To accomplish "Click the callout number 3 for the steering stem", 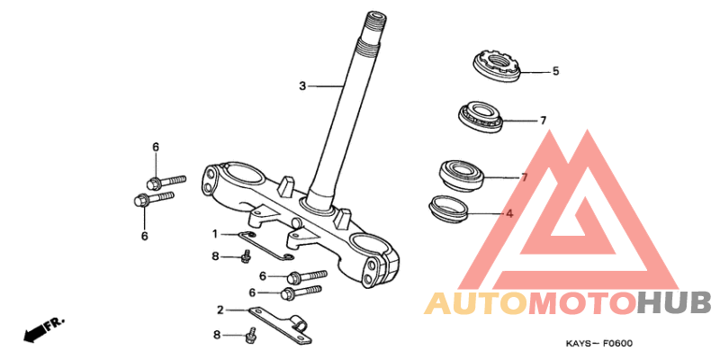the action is [x=302, y=85].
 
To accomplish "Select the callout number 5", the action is [x=555, y=71].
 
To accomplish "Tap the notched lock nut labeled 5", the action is [x=497, y=66].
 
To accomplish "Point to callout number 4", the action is [x=509, y=213].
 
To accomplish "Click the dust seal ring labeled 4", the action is [x=447, y=208].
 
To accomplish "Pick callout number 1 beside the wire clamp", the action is [x=215, y=234].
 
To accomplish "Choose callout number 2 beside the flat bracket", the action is [x=220, y=310].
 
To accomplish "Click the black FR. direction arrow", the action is [x=44, y=328].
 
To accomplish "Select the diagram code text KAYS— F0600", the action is [x=598, y=344].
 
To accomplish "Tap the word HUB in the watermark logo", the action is [x=673, y=303].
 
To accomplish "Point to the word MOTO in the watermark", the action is [x=582, y=303].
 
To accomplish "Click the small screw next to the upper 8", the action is [x=246, y=256].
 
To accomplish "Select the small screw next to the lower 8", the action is [x=250, y=335].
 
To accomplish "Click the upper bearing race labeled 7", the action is [x=481, y=118].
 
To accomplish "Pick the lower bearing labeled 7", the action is [x=462, y=174].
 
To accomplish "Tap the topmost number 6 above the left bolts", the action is [x=156, y=147].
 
